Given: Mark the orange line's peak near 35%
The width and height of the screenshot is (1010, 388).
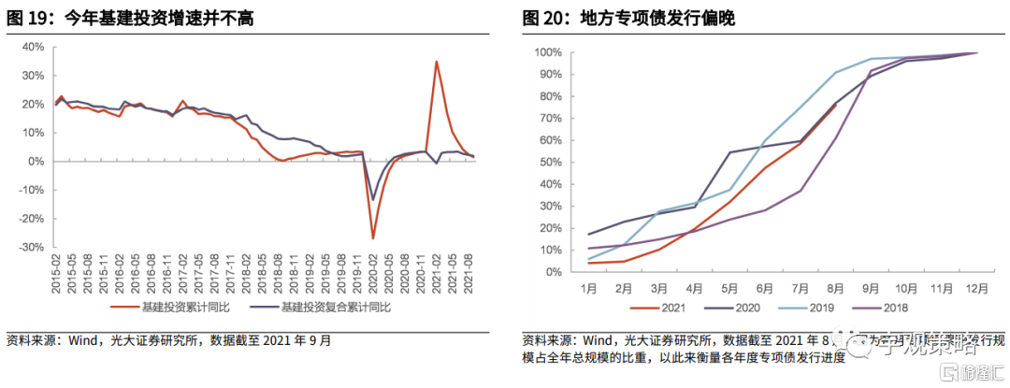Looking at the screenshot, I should click(x=436, y=62).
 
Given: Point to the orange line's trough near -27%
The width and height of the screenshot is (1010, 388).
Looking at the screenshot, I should click(x=373, y=238).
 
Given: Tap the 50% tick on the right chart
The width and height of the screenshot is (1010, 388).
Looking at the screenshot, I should click(x=549, y=162).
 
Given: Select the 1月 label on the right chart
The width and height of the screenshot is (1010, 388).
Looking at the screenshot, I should click(x=590, y=288).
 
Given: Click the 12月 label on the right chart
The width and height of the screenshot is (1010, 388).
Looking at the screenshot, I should click(x=977, y=288).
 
